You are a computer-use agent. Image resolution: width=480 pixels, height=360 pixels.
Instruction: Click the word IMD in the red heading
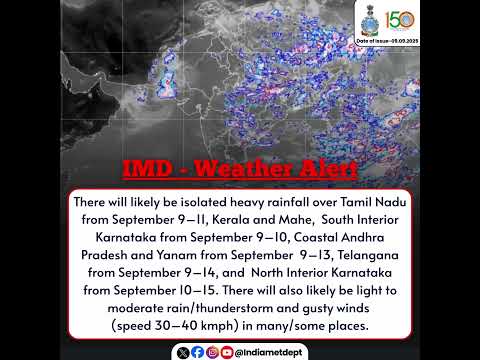coord(145,169)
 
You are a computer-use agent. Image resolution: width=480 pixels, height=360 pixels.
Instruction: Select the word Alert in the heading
coord(322,169)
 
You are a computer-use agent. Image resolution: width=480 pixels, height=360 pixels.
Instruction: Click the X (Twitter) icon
coord(181,352)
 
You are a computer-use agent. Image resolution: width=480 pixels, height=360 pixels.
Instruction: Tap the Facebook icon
coord(197,352)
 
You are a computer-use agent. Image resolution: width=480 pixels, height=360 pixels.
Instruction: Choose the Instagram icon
coord(212,352)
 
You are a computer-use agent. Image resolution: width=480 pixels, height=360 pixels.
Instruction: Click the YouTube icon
coord(227,352)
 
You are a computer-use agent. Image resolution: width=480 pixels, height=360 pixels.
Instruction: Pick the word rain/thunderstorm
coord(226,308)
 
